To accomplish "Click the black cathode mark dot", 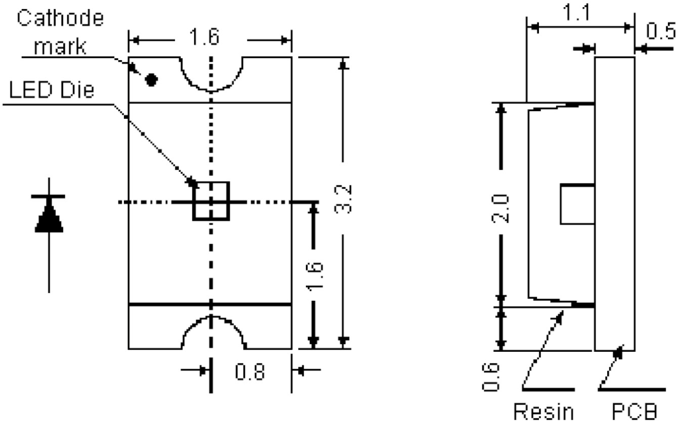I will tap(151, 79).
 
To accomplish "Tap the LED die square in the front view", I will tap(211, 201).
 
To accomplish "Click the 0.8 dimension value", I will tap(252, 372).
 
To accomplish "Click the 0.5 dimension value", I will tap(661, 31).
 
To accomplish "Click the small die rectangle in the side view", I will tap(577, 205).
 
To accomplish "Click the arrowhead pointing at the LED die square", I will tap(192, 181).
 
